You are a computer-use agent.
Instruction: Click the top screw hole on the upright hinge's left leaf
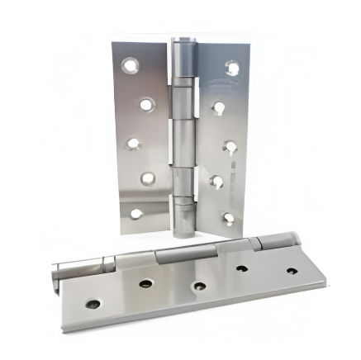point(130,64)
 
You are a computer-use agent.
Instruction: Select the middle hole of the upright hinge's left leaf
point(133,143)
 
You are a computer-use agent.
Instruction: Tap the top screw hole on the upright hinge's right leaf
point(232,69)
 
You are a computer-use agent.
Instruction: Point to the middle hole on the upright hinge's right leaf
point(230,145)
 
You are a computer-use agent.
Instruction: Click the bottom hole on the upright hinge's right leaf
point(229,218)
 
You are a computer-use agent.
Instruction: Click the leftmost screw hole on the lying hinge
point(93,303)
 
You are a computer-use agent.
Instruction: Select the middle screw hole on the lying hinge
point(199,286)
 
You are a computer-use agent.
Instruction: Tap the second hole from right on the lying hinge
point(244,268)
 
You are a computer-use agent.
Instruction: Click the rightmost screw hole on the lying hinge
point(291,270)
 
